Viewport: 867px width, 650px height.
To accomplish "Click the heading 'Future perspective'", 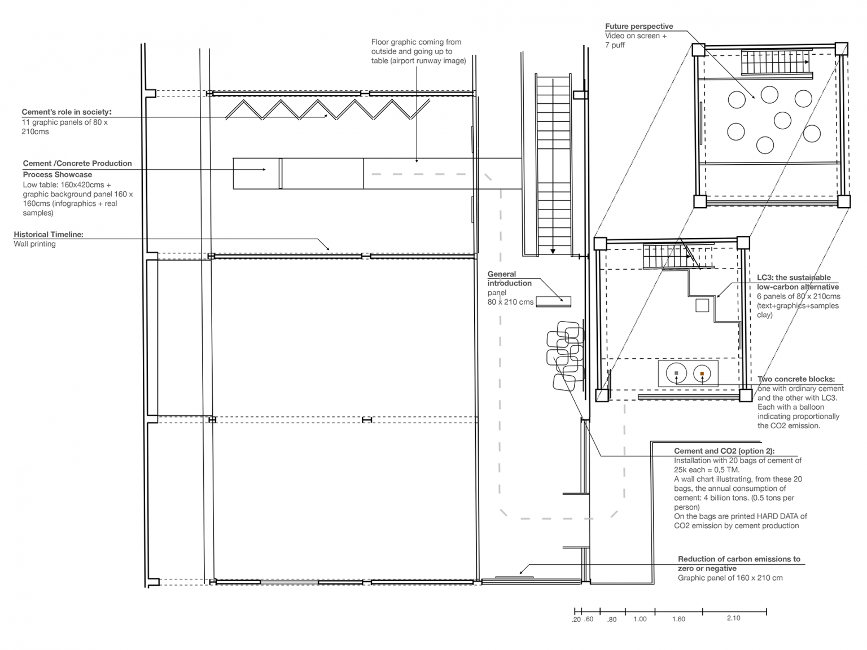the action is coord(639,27).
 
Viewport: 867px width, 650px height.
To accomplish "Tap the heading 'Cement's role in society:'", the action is coord(67,112).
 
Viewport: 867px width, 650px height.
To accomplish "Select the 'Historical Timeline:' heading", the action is coord(49,234).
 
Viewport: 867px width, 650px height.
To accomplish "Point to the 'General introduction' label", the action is coord(509,279).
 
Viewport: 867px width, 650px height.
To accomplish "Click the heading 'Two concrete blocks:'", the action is coord(796,379).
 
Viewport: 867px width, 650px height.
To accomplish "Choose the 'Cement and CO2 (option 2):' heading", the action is coord(724,451).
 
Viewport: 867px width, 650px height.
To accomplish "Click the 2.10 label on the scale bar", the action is coord(733,618).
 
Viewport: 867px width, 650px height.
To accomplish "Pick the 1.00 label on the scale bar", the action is coord(640,619).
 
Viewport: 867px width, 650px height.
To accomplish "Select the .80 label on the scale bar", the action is coord(611,620).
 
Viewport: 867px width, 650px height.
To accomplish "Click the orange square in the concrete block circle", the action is coord(702,374).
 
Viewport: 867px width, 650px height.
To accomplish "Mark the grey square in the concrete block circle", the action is coord(676,373).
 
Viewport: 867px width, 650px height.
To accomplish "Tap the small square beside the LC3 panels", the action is coord(702,305).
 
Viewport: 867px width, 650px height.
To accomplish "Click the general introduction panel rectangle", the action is coord(553,301).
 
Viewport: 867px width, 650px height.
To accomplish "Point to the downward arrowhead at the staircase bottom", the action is coord(553,251).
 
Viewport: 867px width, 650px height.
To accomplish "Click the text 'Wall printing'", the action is coord(35,244).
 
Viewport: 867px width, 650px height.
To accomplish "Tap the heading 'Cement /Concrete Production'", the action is coord(77,164).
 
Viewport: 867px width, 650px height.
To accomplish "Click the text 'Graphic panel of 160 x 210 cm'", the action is coord(730,578).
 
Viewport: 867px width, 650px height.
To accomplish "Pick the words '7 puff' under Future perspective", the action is coord(615,45).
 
